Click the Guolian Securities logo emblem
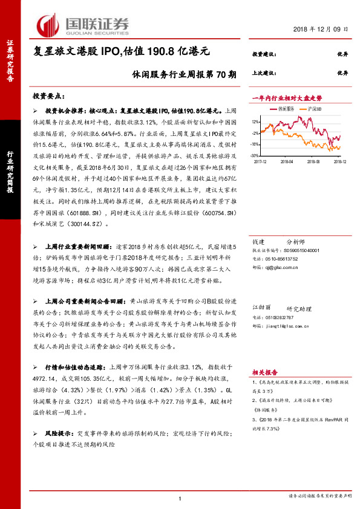point(48,24)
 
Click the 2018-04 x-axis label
point(286,162)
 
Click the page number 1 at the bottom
point(180,498)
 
